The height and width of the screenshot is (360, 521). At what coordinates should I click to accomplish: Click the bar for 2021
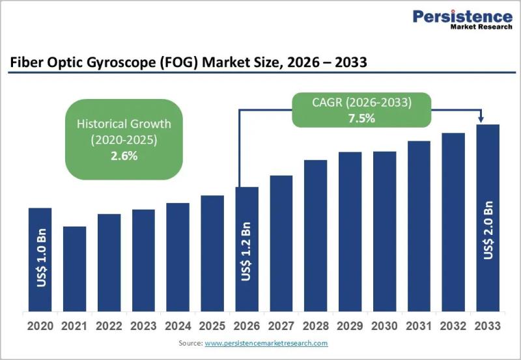(74, 269)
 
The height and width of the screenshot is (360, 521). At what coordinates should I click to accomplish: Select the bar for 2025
(212, 253)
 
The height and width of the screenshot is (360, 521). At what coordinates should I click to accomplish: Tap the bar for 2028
(316, 236)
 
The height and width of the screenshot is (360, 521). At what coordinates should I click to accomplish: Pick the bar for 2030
(384, 231)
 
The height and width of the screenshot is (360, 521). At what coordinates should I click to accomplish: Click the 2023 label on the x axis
(143, 326)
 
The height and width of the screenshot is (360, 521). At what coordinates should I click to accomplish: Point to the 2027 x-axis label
(281, 326)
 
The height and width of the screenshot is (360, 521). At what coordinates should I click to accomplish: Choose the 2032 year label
(453, 326)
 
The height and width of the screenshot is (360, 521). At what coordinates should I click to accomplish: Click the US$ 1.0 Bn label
(41, 258)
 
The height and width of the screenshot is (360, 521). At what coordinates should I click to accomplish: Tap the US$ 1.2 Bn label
(246, 251)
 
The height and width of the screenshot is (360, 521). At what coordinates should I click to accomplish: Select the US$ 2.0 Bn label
(488, 230)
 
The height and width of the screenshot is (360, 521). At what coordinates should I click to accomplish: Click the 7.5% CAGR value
(361, 118)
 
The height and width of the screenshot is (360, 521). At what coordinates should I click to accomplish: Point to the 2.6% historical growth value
(124, 156)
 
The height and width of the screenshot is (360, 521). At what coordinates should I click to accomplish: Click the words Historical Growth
(124, 124)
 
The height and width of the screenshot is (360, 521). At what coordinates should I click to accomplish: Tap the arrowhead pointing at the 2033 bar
(481, 119)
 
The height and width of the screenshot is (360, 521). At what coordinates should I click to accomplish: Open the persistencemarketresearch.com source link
(266, 343)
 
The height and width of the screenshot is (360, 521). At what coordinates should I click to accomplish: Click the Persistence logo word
(462, 16)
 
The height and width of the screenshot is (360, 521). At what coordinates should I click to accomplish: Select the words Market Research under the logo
(481, 27)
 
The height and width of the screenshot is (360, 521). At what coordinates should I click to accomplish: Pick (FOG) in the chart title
(179, 62)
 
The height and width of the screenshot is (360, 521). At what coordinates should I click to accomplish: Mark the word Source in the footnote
(190, 343)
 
